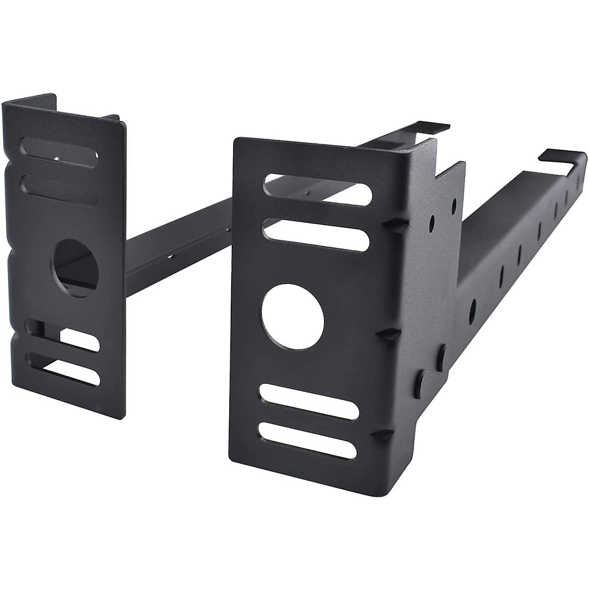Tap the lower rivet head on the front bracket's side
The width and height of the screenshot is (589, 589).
tap(421, 381)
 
